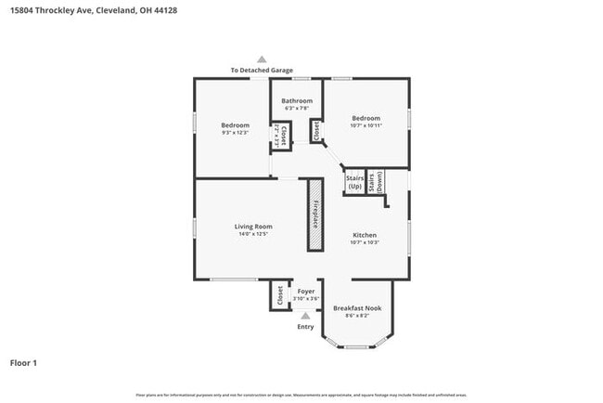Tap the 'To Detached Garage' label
(262, 71)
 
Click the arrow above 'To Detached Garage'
(262, 59)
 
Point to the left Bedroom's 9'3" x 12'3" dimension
(236, 132)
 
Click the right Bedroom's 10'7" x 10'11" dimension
(366, 125)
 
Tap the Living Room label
(252, 226)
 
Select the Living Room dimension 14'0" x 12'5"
(252, 234)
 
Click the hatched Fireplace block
(315, 215)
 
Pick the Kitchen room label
(366, 235)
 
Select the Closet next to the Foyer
(279, 295)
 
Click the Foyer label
(305, 291)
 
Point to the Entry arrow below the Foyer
(305, 316)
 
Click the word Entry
(305, 327)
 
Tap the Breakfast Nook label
(357, 307)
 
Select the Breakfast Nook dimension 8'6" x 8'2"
(357, 316)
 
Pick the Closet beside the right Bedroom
(315, 132)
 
